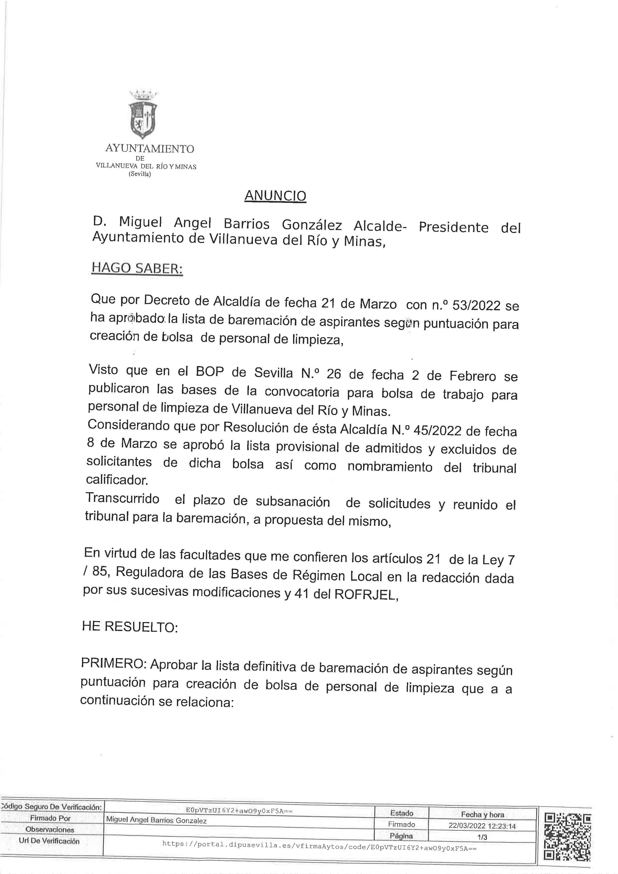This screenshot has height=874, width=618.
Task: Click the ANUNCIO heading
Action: click(275, 196)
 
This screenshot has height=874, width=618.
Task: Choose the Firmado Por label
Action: click(51, 818)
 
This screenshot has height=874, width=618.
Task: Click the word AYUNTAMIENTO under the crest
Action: click(150, 149)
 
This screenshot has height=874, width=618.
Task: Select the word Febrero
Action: click(473, 376)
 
